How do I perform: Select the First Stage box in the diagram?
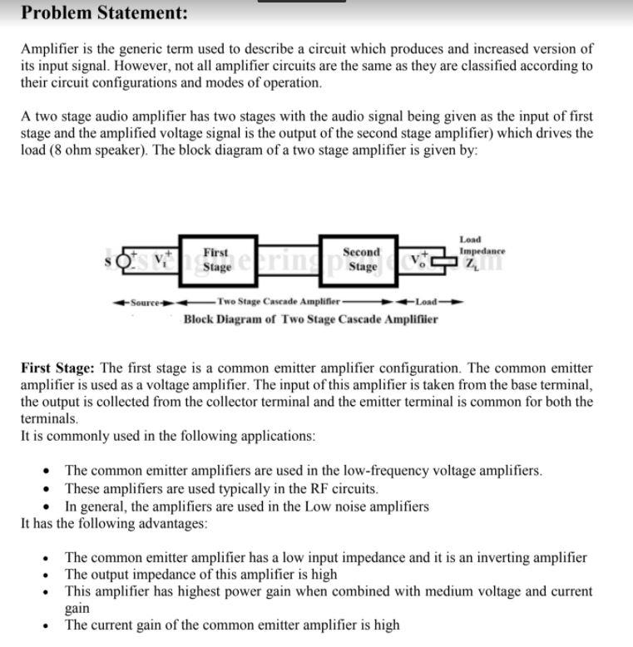tap(216, 259)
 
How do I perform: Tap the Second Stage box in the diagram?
tap(362, 259)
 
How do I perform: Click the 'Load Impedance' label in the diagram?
tap(482, 244)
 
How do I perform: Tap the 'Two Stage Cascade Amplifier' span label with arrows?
tap(278, 301)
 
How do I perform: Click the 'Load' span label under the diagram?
tap(427, 301)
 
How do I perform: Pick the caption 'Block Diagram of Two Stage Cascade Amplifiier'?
tap(310, 319)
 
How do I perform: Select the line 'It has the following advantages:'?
tap(114, 523)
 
